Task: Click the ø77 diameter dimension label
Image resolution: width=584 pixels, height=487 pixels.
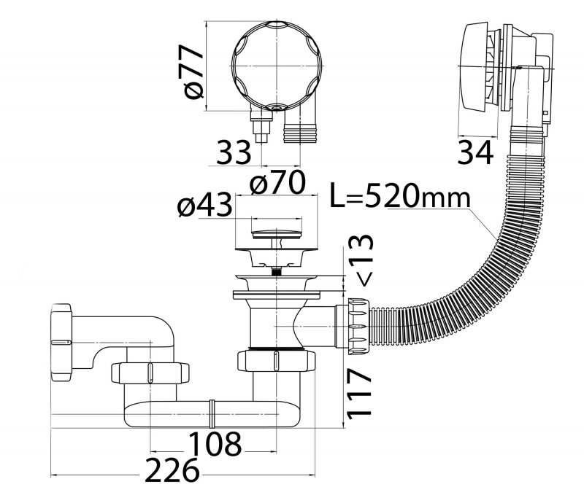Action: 191,71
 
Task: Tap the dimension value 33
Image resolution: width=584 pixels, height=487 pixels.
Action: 234,152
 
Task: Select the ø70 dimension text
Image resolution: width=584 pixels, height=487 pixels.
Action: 277,182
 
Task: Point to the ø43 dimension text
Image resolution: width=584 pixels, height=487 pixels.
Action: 204,204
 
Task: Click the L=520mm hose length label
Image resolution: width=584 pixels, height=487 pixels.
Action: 400,195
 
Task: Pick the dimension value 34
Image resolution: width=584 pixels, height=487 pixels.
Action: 475,152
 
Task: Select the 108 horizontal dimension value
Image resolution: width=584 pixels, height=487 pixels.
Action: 215,443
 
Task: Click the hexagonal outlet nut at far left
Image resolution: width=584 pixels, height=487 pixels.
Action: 61,342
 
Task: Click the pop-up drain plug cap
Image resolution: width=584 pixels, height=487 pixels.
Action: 276,234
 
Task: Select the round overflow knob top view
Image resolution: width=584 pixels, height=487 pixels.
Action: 277,66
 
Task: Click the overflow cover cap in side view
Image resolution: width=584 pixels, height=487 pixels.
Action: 474,67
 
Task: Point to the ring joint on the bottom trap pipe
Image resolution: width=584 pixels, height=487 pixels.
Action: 212,414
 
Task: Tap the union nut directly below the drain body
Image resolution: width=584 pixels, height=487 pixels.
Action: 276,360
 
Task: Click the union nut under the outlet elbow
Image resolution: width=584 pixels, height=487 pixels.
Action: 150,373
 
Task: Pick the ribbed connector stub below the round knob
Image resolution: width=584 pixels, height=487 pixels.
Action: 301,128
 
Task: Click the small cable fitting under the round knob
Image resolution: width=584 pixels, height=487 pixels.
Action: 261,125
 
